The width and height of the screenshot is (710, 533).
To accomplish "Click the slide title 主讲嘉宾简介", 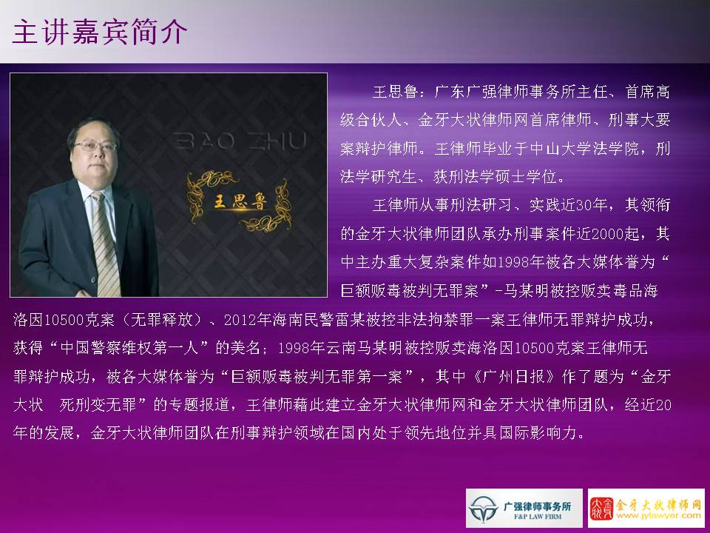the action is pos(100,32).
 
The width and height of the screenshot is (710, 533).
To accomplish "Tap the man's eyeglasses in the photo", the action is pos(95,146).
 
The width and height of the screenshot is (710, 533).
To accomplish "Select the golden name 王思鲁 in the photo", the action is pos(240,201).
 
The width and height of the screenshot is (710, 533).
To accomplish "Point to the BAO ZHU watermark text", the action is pos(240,141).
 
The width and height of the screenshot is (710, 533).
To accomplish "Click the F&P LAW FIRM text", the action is pos(538,516).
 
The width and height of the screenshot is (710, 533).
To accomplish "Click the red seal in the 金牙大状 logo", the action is pos(602,509).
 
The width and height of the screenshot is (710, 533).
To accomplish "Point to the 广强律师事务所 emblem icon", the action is pos(484,509).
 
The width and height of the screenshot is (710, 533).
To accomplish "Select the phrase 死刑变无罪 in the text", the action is pos(98,404).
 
